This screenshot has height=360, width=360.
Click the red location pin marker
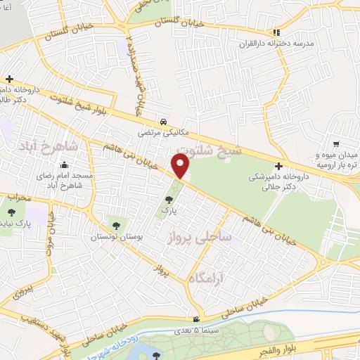coord(181,166)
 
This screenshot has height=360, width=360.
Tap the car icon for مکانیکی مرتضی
coord(163,121)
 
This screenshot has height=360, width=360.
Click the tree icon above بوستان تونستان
coord(116,226)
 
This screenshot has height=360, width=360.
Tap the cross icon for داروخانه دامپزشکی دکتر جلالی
coord(279,167)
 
